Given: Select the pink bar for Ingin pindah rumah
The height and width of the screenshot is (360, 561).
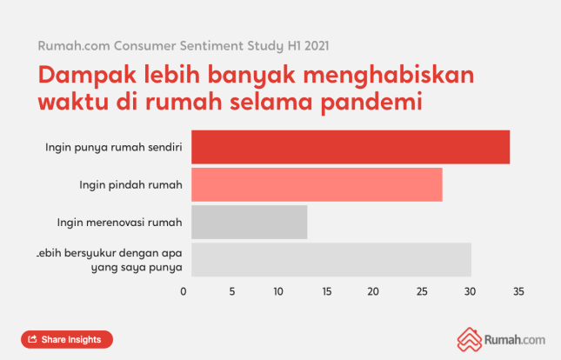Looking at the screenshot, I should tap(317, 184).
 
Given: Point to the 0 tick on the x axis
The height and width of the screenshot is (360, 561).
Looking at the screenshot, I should tap(184, 292).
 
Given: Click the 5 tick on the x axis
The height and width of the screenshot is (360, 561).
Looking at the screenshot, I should tap(232, 292).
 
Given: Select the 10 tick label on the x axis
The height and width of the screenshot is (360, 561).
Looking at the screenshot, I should tap(279, 292).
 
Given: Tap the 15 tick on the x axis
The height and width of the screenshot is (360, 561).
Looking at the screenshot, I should tap(327, 292).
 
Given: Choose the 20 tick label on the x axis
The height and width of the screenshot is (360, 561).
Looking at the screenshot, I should tap(375, 292).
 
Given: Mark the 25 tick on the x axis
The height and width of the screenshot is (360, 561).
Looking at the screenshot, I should tap(423, 292).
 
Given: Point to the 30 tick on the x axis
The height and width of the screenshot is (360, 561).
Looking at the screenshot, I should tap(471, 292).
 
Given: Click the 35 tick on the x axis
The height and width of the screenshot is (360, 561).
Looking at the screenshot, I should tap(518, 292).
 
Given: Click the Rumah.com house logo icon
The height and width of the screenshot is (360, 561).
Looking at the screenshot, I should tap(470, 338).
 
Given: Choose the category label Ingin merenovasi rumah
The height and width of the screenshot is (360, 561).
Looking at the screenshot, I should tap(118, 222).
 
